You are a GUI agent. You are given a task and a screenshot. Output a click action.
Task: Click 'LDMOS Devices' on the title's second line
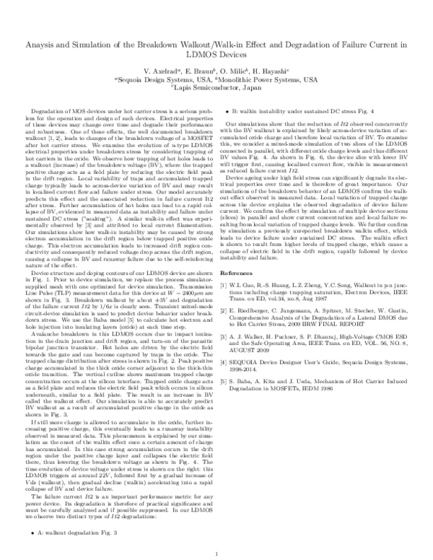pos(216,56)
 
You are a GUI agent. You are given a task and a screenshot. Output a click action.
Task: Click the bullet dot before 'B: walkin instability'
pos(228,113)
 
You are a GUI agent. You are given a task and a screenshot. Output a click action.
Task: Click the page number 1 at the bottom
pos(216,553)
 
